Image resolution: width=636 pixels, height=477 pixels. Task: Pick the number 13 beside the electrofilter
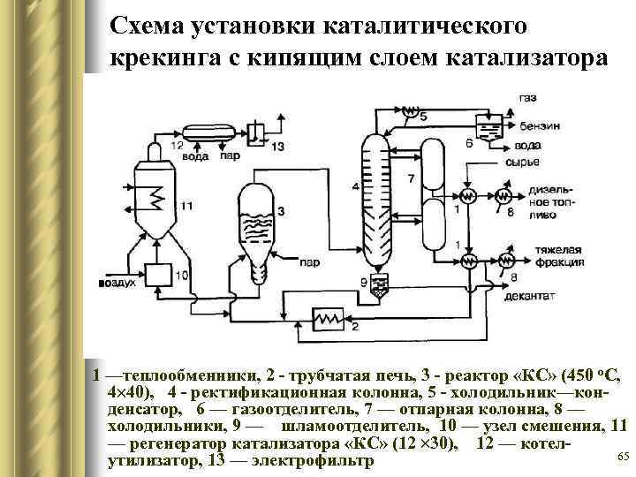pos(278,145)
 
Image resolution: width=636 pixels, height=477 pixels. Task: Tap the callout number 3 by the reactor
pos(280,210)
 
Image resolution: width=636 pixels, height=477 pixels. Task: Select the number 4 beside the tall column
pos(354,186)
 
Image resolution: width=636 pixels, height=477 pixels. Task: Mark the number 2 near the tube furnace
pos(354,327)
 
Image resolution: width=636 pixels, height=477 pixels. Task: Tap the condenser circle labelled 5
pos(409,113)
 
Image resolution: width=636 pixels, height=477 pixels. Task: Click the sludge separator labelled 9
pos(380,284)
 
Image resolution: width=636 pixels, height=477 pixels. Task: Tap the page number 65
pos(621,456)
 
